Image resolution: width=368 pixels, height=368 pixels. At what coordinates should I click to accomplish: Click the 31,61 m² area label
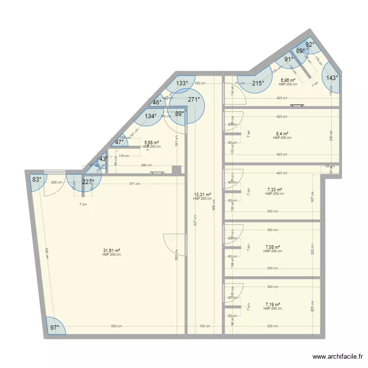pos(111,250)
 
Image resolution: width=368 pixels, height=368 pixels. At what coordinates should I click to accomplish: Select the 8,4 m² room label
pos(282,133)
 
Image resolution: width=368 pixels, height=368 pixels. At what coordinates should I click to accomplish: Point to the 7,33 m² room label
pos(274,189)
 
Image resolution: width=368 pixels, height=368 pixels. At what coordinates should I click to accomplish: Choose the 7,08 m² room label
pos(272,247)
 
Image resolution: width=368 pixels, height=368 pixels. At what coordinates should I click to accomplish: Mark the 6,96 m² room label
pos(288,80)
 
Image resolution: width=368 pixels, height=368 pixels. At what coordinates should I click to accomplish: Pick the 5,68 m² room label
pos(151,143)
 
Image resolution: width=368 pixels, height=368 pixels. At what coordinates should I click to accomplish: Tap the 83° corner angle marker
pos(37,180)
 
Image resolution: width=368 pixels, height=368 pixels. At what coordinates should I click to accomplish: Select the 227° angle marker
pos(88,182)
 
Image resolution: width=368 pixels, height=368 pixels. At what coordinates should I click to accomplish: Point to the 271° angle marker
pos(194,99)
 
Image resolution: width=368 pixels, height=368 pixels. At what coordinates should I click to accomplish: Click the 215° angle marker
pos(258,83)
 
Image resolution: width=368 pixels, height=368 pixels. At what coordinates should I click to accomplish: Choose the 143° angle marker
pos(332,78)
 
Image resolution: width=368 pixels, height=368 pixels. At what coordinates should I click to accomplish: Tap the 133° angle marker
pos(182,83)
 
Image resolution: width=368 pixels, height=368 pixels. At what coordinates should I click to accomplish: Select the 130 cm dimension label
pos(205,326)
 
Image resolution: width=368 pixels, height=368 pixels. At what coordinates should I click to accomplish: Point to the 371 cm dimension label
pos(135,184)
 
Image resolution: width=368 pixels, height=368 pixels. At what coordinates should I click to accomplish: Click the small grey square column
pos(176,170)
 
